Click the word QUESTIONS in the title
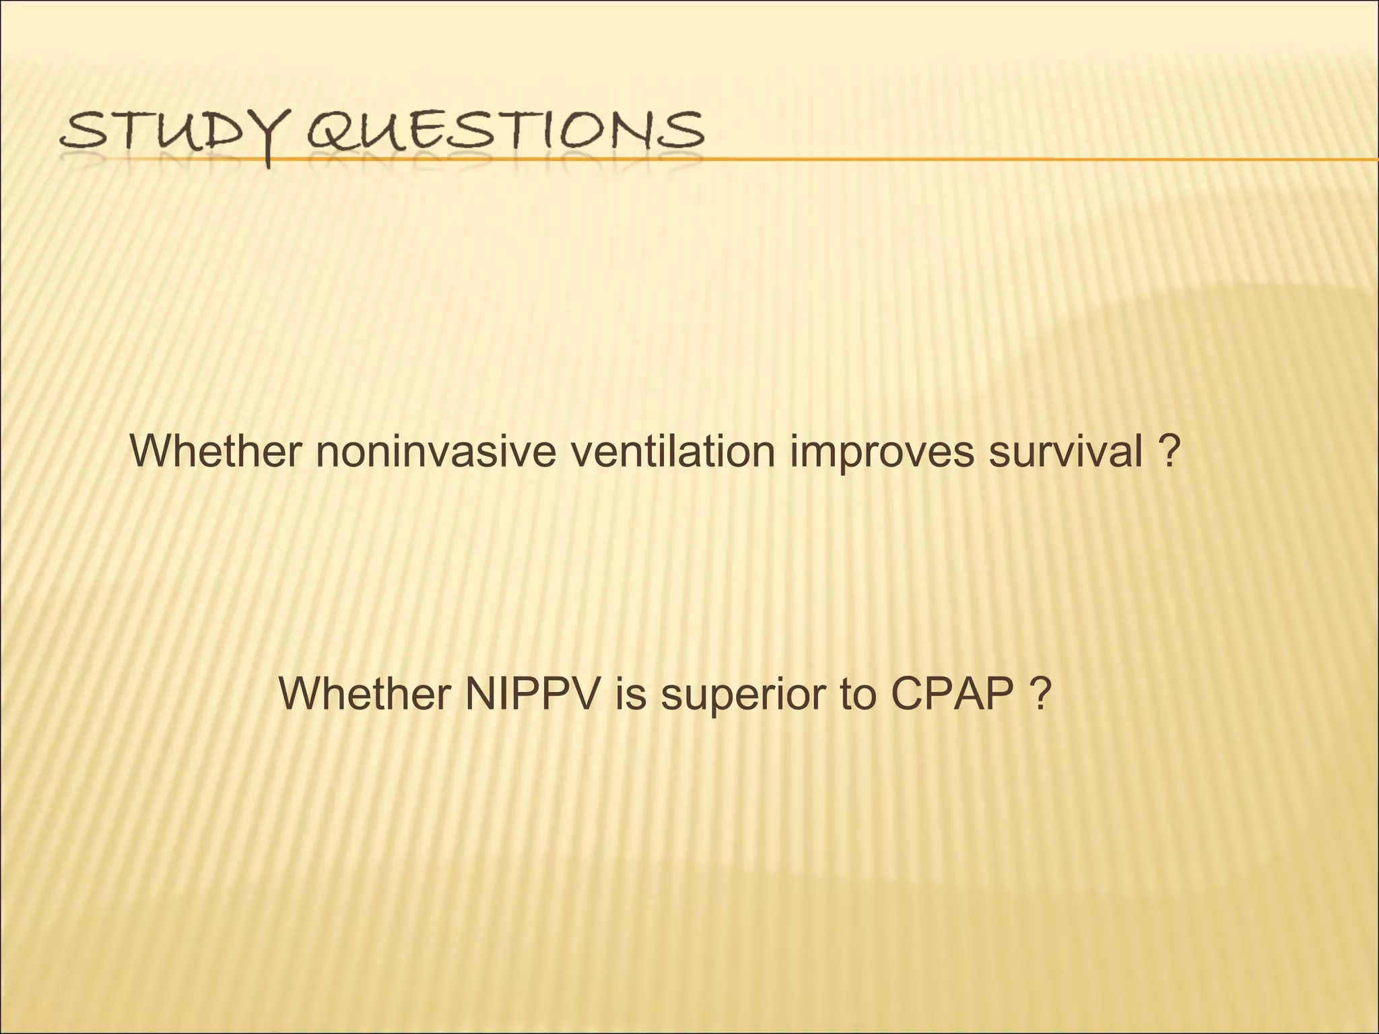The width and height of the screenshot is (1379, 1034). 505,131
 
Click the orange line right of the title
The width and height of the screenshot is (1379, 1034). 1010,159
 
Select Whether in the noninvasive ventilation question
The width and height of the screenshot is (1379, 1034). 215,452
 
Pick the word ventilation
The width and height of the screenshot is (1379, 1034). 673,452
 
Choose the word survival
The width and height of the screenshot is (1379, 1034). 1064,452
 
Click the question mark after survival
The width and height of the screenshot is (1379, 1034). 1171,452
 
